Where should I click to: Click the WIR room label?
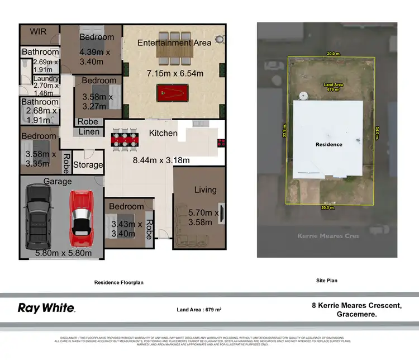[38, 31]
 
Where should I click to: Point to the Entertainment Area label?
[174, 42]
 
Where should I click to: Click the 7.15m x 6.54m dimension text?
[174, 73]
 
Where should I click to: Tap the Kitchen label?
[163, 133]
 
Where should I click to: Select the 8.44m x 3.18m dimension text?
[161, 160]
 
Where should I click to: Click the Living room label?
[205, 190]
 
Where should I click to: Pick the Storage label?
[88, 165]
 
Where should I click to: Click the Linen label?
[88, 132]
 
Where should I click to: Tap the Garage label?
[58, 182]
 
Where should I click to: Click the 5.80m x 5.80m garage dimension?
[59, 253]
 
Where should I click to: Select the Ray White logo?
[47, 307]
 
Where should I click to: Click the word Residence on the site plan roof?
[328, 144]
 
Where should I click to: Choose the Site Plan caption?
[326, 281]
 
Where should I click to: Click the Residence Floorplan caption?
[119, 282]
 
